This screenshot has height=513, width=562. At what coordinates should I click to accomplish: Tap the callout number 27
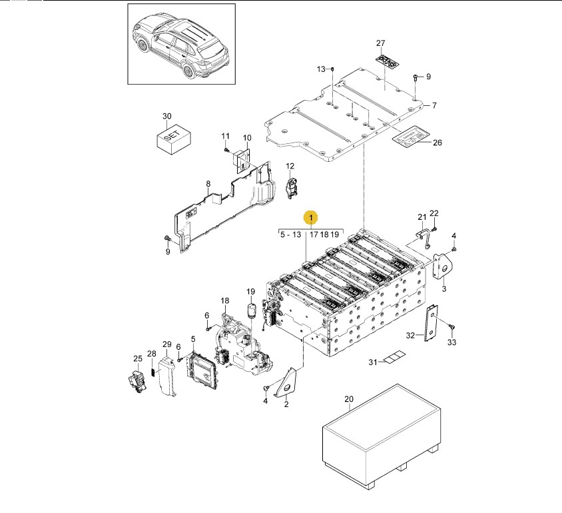coord(380,44)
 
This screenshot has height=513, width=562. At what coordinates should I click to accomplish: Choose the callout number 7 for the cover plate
coord(433,106)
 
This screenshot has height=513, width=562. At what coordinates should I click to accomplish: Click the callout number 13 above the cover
coord(321,69)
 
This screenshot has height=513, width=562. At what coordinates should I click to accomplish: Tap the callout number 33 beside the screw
coord(452,342)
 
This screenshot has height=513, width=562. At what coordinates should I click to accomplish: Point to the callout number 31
coord(373,362)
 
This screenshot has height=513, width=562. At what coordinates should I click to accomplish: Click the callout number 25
coord(137,358)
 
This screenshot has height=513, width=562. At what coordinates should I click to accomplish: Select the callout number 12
coord(290,166)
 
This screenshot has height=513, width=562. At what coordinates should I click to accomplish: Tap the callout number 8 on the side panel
coord(208,184)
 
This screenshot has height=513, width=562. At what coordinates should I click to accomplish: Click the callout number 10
coord(246,138)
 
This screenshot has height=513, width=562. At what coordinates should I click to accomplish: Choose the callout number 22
coord(434,213)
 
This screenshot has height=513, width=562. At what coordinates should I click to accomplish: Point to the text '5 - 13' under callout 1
coord(290,235)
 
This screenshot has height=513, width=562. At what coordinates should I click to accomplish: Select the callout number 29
coord(166,344)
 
